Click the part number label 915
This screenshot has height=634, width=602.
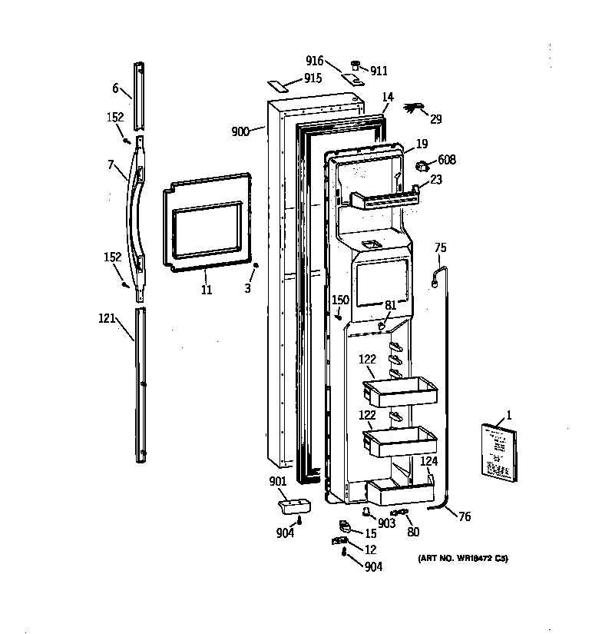313,78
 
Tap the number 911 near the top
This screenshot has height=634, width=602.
379,71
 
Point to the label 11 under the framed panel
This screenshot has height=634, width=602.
206,289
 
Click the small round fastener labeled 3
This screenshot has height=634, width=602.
254,268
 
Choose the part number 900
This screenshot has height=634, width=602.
240,131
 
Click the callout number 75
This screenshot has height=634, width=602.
440,247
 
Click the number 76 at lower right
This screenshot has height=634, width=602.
465,516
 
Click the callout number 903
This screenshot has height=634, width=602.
387,523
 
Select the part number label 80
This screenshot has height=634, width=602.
413,531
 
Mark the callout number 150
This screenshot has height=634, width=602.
340,300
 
